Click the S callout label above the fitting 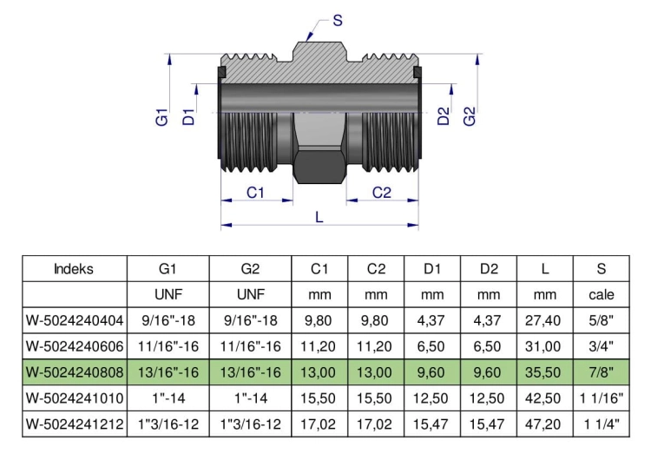(x=338, y=20)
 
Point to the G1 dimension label (x=162, y=117)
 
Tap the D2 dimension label (x=444, y=115)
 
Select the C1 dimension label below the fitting (x=255, y=193)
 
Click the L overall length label (x=319, y=217)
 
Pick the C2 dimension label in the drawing (x=382, y=193)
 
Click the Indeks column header (x=74, y=269)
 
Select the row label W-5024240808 (x=75, y=372)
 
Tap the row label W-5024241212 (x=75, y=424)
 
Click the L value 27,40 (x=544, y=320)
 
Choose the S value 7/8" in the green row (x=601, y=372)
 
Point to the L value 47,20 (x=544, y=424)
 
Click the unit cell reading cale (x=602, y=295)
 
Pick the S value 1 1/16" (x=602, y=398)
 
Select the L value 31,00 (x=544, y=346)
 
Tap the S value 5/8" (x=601, y=320)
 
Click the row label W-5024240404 (x=75, y=320)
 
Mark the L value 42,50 (x=544, y=398)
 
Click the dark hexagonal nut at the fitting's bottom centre (x=319, y=165)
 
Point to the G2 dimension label (x=469, y=116)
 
